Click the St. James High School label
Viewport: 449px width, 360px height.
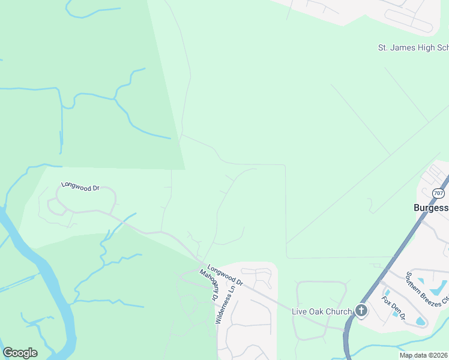(412, 47)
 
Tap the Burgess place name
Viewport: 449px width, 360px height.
(430, 208)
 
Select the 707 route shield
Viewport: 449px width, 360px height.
(438, 193)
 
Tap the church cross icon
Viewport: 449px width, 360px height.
(361, 310)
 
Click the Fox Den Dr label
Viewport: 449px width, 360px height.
(394, 307)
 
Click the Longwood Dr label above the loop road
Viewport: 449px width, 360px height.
(80, 187)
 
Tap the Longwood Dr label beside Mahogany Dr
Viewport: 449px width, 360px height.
(224, 275)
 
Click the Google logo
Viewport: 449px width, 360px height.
(20, 353)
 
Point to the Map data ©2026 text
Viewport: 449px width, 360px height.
(423, 355)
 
